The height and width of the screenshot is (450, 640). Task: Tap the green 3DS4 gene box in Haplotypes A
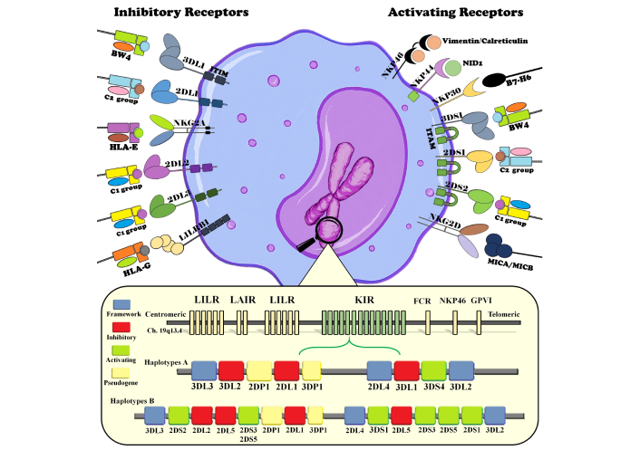(434, 371)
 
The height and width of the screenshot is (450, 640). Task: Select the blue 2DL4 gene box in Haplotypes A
(379, 371)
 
